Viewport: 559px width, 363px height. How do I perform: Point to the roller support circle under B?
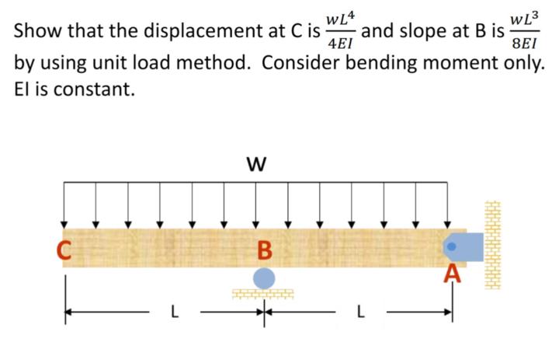point(264,277)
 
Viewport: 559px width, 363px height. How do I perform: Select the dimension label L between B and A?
point(359,315)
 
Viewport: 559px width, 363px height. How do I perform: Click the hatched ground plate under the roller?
point(264,294)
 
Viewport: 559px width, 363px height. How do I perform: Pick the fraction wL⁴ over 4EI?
point(341,30)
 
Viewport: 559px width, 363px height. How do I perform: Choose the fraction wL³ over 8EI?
point(525,30)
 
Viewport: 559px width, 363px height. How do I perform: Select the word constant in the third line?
point(85,89)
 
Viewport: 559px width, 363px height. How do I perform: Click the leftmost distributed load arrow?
point(65,204)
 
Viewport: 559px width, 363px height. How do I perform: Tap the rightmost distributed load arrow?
point(447,204)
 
